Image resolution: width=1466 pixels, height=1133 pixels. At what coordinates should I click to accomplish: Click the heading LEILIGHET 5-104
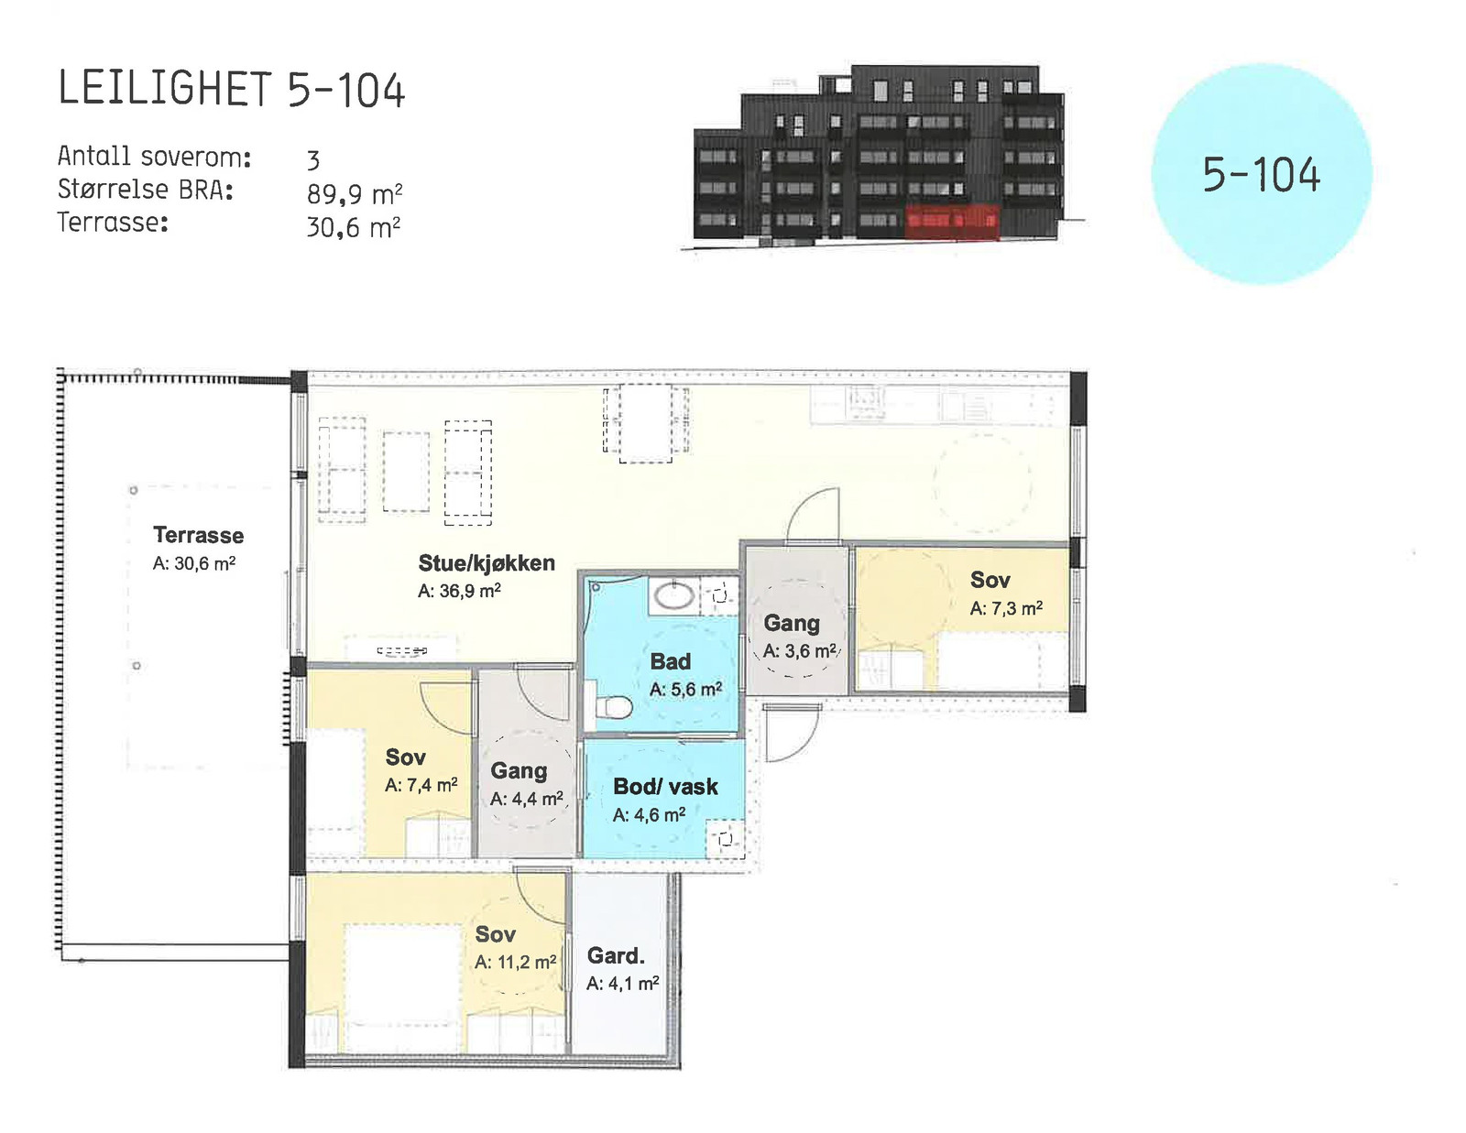232,88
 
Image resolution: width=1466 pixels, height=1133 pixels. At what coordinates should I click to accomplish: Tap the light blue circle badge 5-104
1262,174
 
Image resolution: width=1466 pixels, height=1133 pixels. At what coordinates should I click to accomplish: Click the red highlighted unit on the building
952,222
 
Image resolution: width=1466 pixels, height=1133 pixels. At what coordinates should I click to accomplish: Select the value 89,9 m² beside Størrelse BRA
355,193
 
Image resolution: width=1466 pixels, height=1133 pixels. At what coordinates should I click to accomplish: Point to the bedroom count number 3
313,160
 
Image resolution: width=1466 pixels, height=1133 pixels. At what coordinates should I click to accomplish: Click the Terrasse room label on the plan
198,535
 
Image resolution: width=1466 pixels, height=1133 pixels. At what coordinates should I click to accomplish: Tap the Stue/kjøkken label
487,562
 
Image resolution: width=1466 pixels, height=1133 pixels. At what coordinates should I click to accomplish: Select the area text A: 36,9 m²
459,591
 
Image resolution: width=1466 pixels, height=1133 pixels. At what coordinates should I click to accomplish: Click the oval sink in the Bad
674,595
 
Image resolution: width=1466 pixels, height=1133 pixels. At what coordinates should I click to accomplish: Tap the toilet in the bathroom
614,707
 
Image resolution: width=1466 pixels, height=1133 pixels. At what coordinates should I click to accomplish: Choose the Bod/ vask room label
665,787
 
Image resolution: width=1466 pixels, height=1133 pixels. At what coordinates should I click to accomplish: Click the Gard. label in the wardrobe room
616,955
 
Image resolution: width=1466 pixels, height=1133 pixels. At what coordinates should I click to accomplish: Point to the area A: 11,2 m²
516,963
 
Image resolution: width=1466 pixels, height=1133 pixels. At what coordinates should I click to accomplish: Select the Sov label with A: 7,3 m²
990,580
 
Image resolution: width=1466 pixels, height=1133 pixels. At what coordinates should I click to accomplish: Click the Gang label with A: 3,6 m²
792,623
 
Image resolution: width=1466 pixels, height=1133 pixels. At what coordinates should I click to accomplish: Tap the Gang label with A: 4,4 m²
519,771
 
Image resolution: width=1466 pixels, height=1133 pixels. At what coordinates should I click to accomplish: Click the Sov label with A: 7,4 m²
406,757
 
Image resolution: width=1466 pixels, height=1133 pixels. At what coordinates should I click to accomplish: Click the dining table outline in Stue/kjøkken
646,423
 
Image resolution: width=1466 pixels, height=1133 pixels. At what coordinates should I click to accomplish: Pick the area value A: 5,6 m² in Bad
686,690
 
